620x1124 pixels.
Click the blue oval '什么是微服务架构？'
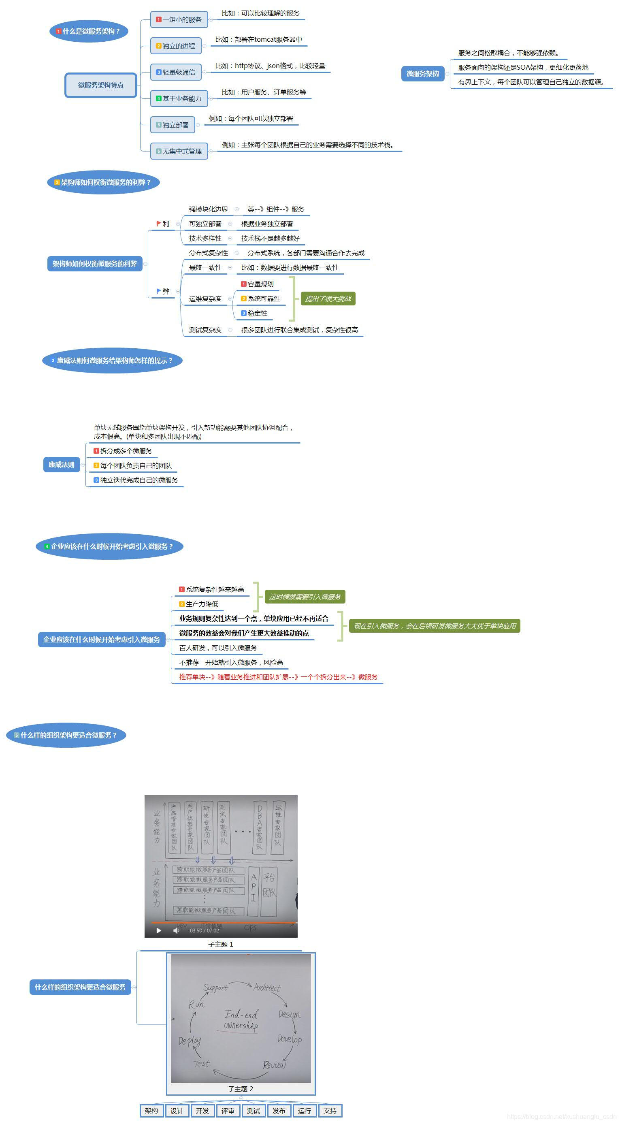[89, 31]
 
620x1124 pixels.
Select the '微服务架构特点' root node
[101, 85]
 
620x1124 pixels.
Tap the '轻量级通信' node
[176, 72]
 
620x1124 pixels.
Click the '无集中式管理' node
[179, 151]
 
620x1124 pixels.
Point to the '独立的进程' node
[176, 46]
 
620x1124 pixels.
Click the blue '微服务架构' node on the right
[422, 74]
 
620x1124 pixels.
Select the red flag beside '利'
[158, 224]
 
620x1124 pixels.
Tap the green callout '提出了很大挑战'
[328, 299]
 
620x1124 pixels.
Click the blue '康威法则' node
[62, 465]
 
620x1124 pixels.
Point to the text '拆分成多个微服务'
[126, 451]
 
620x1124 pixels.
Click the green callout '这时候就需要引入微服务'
[305, 597]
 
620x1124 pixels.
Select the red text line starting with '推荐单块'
[278, 677]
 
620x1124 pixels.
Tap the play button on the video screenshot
[159, 931]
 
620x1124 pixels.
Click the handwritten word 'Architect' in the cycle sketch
[266, 987]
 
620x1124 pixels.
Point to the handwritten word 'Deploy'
[190, 1041]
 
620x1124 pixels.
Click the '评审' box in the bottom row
[228, 1111]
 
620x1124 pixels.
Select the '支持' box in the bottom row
[330, 1111]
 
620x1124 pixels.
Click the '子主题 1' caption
[221, 944]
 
